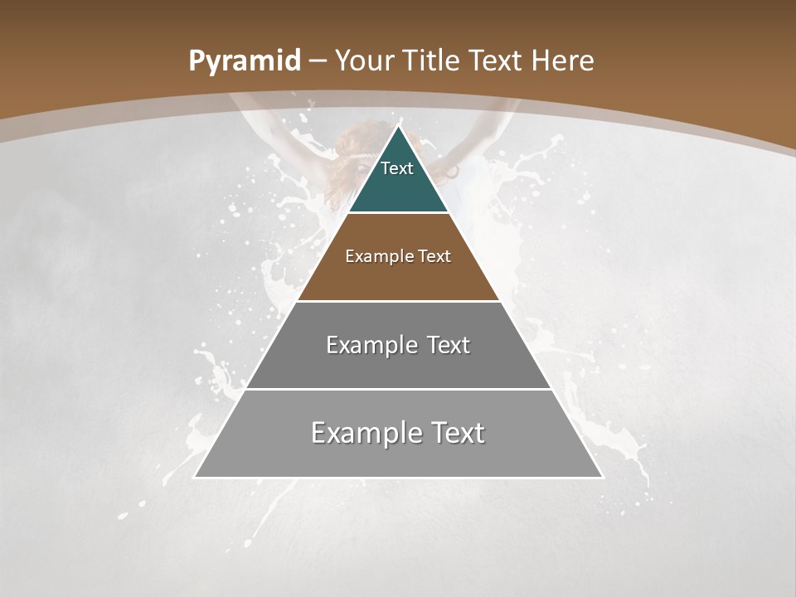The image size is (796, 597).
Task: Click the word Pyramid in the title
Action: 244,61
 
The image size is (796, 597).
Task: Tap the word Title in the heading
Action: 432,61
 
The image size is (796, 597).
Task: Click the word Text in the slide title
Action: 496,61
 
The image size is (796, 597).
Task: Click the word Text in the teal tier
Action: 397,168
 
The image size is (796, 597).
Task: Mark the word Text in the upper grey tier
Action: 449,345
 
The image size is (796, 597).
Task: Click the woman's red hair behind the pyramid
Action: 348,158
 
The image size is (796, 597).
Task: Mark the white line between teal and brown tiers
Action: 398,213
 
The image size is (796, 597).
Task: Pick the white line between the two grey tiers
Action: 398,389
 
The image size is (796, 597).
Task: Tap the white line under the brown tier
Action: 398,301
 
